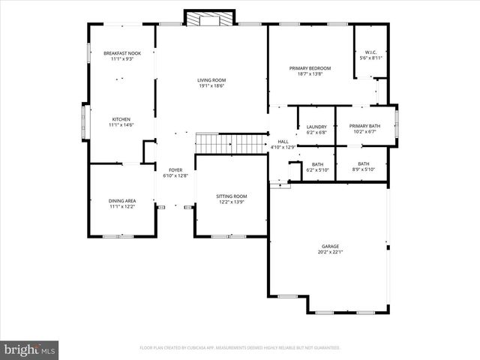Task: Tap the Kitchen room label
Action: (x=121, y=119)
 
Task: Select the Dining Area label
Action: (x=122, y=201)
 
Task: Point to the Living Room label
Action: (x=211, y=80)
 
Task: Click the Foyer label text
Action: (x=175, y=170)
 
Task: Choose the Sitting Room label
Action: (x=232, y=196)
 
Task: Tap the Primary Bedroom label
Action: (x=310, y=68)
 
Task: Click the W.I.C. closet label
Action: (x=371, y=52)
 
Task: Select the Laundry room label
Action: (x=316, y=127)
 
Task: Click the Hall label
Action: (x=283, y=142)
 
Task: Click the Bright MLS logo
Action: (x=30, y=349)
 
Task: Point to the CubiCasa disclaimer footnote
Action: (x=240, y=348)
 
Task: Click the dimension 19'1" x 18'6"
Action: (x=211, y=86)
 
